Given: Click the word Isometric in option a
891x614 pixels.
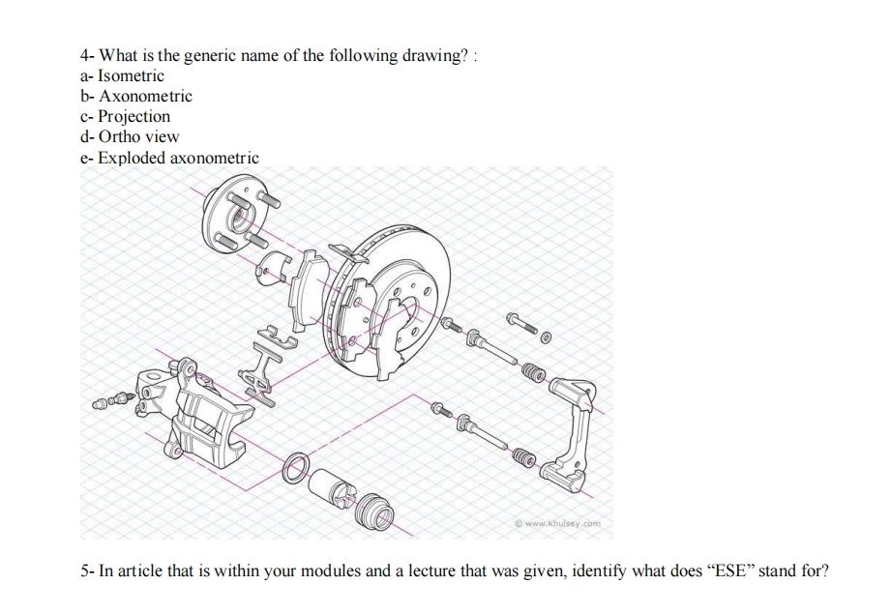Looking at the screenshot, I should [132, 75].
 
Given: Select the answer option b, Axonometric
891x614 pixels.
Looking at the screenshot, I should [145, 96].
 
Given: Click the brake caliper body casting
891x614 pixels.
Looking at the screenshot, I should [198, 411].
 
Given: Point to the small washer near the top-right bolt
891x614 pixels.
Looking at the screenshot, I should [546, 338].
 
